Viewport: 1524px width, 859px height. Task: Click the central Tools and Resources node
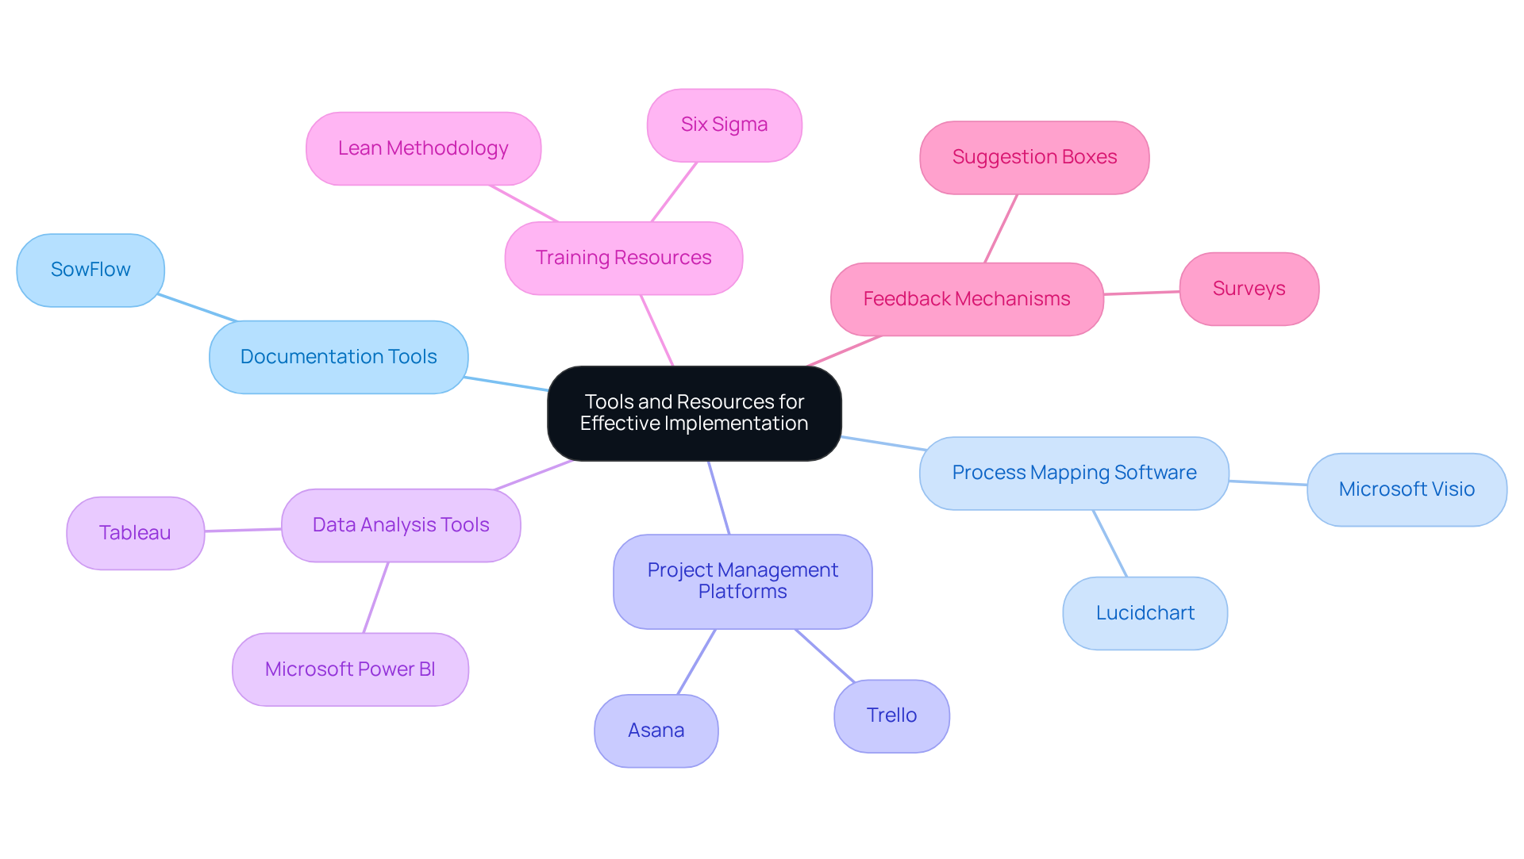tap(694, 412)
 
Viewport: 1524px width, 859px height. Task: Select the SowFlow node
tap(90, 270)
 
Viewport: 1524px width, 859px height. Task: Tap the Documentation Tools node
tap(338, 357)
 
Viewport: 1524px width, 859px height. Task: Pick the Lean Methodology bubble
tap(423, 148)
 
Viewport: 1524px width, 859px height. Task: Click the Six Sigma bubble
tap(724, 125)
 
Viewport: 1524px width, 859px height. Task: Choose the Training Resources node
tap(623, 258)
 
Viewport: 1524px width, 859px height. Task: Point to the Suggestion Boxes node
tap(1034, 157)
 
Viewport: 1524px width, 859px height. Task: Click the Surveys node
tap(1249, 289)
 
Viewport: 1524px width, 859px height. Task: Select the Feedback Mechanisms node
tap(966, 299)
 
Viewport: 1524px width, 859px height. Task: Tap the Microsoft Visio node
tap(1407, 489)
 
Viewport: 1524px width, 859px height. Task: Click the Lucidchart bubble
tap(1145, 613)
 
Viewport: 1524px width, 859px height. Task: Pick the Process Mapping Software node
tap(1074, 473)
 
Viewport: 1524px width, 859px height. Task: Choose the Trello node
tap(891, 715)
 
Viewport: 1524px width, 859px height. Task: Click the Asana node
tap(656, 731)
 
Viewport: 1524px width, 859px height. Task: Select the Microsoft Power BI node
tap(350, 669)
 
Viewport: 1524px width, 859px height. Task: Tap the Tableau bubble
tap(135, 533)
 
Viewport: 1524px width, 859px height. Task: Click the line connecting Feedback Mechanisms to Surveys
tap(1141, 293)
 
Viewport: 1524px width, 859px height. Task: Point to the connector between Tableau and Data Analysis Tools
tap(243, 530)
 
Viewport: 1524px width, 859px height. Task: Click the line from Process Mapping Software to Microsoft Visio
tap(1268, 482)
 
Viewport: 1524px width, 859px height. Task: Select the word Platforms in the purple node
tap(742, 592)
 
